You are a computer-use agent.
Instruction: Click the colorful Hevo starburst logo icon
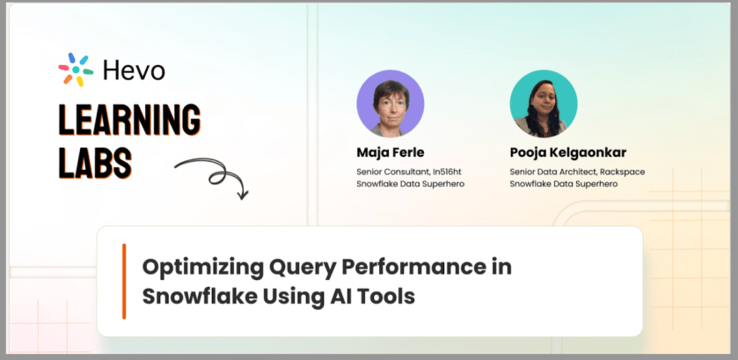click(x=76, y=70)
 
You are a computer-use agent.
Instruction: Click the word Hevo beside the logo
click(x=134, y=71)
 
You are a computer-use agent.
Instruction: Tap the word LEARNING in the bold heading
click(x=129, y=121)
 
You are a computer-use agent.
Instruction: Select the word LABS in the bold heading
click(x=96, y=162)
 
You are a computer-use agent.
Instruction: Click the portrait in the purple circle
click(x=391, y=103)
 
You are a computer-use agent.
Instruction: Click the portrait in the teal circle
click(x=544, y=103)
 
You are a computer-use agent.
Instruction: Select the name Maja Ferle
click(x=391, y=152)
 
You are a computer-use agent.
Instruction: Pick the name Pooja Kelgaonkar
click(x=568, y=153)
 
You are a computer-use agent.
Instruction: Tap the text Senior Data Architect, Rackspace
click(x=577, y=172)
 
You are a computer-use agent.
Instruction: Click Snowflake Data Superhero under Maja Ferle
click(x=411, y=184)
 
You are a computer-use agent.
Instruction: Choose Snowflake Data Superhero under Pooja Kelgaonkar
click(x=563, y=184)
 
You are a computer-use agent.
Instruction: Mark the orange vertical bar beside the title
click(x=124, y=282)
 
